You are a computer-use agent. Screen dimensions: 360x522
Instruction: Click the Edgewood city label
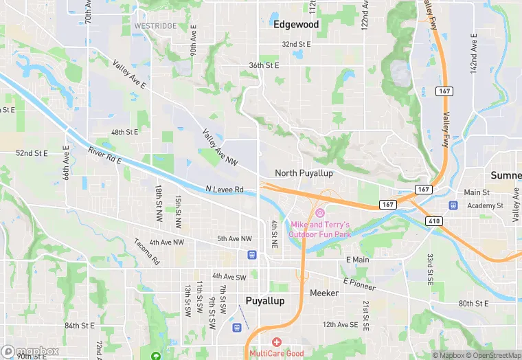pos(296,24)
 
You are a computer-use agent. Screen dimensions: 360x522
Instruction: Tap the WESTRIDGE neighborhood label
pos(155,25)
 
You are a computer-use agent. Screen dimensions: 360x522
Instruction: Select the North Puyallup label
pos(304,173)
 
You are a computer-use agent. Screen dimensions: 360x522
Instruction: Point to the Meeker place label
pos(325,292)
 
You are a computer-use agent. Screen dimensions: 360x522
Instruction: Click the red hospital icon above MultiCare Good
pos(277,342)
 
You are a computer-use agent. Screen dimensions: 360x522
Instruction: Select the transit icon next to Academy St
pos(453,205)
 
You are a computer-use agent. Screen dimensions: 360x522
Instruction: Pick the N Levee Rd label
pos(225,189)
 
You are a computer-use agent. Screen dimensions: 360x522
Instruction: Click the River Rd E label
pos(104,155)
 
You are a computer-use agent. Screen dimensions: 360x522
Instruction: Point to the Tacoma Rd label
pos(146,252)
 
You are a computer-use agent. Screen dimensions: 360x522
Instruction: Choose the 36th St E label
pos(264,65)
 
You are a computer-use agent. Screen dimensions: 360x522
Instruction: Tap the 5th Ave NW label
pos(234,238)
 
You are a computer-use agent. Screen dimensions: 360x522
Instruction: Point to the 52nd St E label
pos(32,153)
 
